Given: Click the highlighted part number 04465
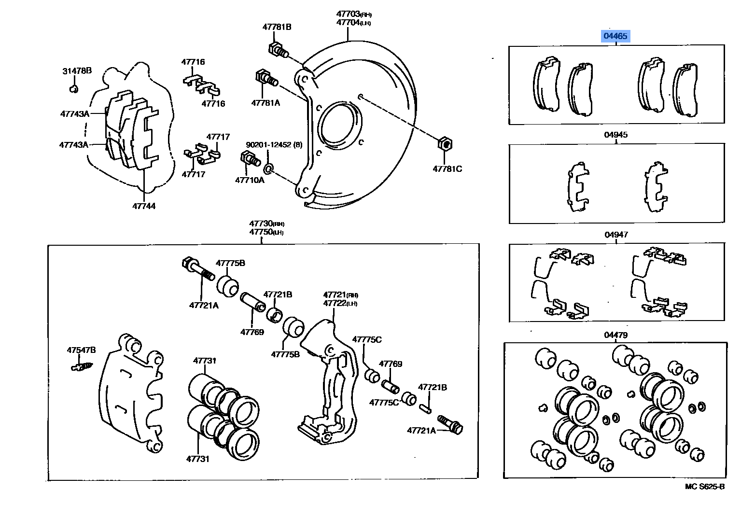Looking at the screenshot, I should tap(615, 36).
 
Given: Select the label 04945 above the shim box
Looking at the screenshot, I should tap(615, 135).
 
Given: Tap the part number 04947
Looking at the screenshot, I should tap(616, 235).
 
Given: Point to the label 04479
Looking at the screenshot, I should tap(615, 335).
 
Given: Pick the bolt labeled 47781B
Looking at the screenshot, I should tap(277, 50).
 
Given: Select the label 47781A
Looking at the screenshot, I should tap(265, 102).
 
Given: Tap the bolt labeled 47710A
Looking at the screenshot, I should tap(248, 158).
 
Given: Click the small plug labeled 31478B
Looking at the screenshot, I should tap(73, 89).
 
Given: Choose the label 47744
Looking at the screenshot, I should tap(144, 206).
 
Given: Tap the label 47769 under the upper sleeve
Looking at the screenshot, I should tap(252, 332).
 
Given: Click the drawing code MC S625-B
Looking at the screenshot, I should tap(704, 486).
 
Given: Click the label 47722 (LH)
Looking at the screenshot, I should tap(340, 303).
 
